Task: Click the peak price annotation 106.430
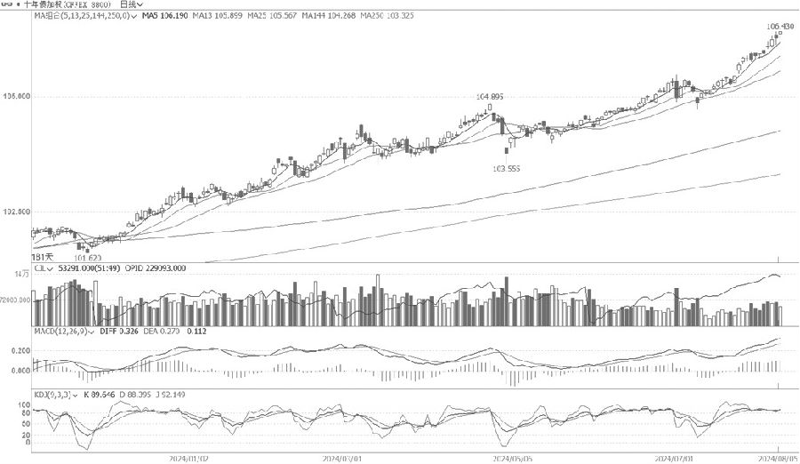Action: [x=780, y=27]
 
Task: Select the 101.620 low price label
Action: [x=87, y=259]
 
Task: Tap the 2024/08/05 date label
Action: [x=777, y=458]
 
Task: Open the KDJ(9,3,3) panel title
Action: [x=51, y=393]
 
